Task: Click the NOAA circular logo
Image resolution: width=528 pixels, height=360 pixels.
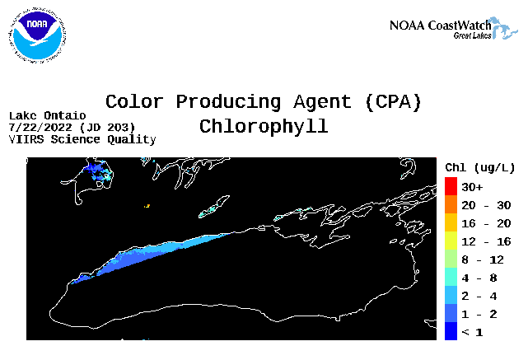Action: (37, 35)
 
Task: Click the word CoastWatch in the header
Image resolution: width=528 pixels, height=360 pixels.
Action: (460, 26)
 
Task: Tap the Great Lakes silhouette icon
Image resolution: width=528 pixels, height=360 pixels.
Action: (504, 28)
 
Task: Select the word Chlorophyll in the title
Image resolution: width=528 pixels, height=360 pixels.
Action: (264, 127)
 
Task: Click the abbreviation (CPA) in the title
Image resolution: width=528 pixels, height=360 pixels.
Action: (393, 102)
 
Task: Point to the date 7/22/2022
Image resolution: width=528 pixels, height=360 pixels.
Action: (40, 128)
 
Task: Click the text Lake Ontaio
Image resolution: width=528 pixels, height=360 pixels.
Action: (48, 116)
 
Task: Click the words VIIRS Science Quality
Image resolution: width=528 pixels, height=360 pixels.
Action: (82, 139)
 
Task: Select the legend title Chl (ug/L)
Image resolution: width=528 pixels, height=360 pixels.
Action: (480, 167)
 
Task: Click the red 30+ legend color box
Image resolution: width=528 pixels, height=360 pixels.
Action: (451, 186)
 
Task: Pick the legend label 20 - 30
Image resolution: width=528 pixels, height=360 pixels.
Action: (486, 205)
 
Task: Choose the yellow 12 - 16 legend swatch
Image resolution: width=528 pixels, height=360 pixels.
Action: (451, 241)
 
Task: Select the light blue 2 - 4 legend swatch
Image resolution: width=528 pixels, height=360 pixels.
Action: (451, 295)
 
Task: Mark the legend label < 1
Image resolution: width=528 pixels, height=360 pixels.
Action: (473, 333)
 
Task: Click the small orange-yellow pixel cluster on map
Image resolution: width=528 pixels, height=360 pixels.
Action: (147, 206)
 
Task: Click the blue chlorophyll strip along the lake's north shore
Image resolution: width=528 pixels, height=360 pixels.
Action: (148, 257)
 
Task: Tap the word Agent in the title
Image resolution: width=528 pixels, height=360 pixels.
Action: (322, 102)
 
